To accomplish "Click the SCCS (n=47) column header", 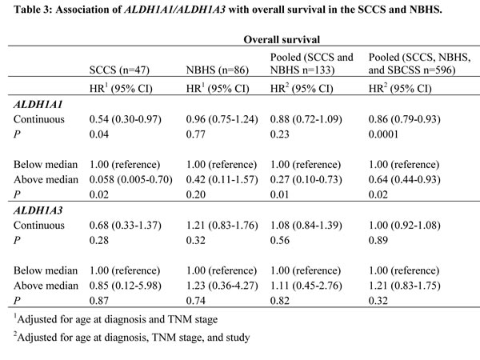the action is pyautogui.click(x=119, y=70).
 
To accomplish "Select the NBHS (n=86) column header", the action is pyautogui.click(x=218, y=70).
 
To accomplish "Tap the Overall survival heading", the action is pyautogui.click(x=282, y=39).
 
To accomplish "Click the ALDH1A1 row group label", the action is pyautogui.click(x=38, y=104).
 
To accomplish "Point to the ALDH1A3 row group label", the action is pyautogui.click(x=38, y=210).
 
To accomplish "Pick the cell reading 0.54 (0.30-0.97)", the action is pyautogui.click(x=126, y=119).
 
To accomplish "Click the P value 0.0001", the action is pyautogui.click(x=383, y=134).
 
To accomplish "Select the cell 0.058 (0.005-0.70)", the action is pyautogui.click(x=130, y=179).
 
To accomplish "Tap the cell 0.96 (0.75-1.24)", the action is pyautogui.click(x=222, y=119).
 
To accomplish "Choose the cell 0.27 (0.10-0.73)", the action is pyautogui.click(x=306, y=179).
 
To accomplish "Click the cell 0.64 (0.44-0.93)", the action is pyautogui.click(x=404, y=179).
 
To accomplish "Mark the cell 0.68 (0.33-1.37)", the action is pyautogui.click(x=126, y=226).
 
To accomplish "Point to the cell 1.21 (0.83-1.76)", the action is pyautogui.click(x=222, y=226).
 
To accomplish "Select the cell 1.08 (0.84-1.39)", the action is pyautogui.click(x=306, y=226).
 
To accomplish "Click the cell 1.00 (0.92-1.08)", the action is pyautogui.click(x=404, y=226).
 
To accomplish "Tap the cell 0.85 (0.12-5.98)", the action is pyautogui.click(x=126, y=286).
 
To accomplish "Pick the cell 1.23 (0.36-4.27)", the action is pyautogui.click(x=222, y=286).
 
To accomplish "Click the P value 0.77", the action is pyautogui.click(x=196, y=134).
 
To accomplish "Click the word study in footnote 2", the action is pyautogui.click(x=238, y=338).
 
